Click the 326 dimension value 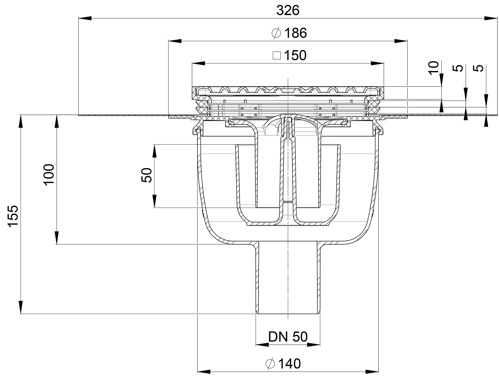coord(288,10)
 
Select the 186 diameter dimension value coord(295,33)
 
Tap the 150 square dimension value coord(295,56)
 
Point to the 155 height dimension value coord(13,216)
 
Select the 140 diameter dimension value coord(289,364)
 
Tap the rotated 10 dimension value coord(434,68)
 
